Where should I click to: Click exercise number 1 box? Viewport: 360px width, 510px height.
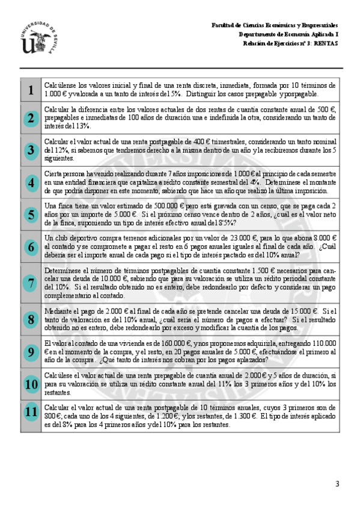(30, 90)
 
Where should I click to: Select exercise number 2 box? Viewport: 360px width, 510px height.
(30, 118)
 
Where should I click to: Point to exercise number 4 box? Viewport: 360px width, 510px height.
(30, 182)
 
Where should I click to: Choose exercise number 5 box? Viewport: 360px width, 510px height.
(30, 214)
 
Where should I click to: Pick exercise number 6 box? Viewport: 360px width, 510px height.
(30, 246)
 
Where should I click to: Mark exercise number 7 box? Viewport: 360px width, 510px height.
(30, 283)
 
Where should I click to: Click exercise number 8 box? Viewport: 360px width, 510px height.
(30, 319)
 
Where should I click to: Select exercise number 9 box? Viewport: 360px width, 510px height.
(30, 351)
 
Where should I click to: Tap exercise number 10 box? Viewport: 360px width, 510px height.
(30, 383)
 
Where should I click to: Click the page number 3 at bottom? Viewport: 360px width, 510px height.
(337, 484)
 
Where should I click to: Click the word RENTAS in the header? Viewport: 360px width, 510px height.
(327, 43)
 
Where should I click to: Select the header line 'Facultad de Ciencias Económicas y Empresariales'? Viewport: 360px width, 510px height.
(274, 25)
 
